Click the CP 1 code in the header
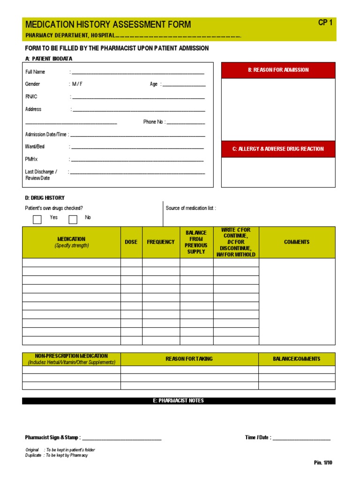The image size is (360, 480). (x=325, y=22)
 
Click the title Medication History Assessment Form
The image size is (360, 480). (x=108, y=25)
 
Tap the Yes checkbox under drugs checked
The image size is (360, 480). (x=37, y=219)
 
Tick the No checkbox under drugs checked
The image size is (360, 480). (x=73, y=219)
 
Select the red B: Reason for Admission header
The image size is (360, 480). (x=278, y=70)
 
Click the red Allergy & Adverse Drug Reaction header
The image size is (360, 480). (x=278, y=149)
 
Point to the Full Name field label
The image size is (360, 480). (x=35, y=72)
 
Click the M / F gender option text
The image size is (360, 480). (x=77, y=84)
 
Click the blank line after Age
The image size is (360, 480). (x=184, y=84)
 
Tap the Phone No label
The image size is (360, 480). (x=154, y=122)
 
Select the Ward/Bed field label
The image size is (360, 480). (x=35, y=147)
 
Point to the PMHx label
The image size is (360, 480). (x=31, y=159)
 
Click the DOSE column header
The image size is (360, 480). (x=131, y=242)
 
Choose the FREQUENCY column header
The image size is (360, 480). (x=161, y=242)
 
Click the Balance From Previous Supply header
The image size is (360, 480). (x=196, y=242)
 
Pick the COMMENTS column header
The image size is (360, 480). (x=297, y=242)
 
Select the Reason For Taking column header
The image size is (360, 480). (x=189, y=359)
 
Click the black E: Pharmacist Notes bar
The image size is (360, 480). (x=179, y=401)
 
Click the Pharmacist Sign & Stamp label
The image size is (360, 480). (x=53, y=438)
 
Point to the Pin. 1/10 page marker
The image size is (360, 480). (x=323, y=463)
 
